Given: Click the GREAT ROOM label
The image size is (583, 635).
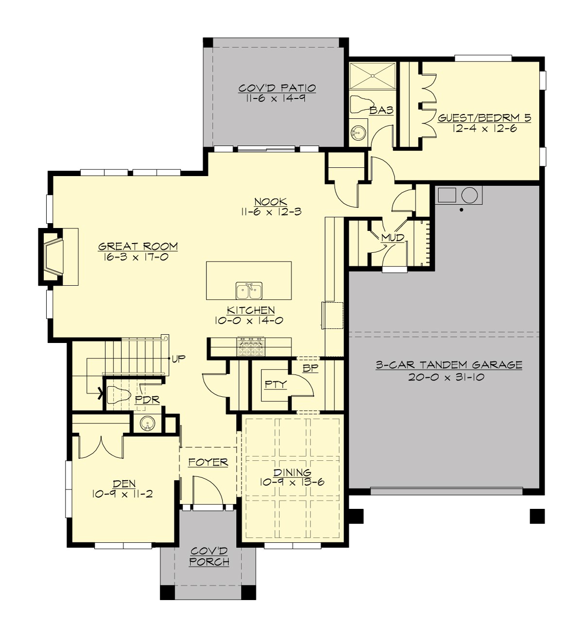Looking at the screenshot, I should (x=138, y=246).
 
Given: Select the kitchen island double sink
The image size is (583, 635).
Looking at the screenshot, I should (x=249, y=291).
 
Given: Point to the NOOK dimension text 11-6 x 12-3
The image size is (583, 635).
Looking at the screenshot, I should (x=271, y=212).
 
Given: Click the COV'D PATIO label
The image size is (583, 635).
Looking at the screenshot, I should (x=277, y=88).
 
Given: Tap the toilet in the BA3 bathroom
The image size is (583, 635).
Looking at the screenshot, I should (x=359, y=104).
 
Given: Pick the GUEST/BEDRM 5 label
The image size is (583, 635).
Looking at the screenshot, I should (x=484, y=118).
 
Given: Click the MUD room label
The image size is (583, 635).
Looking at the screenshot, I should (x=392, y=238).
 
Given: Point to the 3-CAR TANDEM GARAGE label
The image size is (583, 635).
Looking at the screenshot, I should (x=449, y=365).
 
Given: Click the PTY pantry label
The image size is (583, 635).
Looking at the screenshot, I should (x=275, y=385).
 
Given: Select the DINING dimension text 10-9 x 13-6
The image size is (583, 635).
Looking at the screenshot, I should (x=291, y=482).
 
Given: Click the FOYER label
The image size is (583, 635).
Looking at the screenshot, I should (x=208, y=462).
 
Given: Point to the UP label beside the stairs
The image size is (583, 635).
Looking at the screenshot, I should (x=178, y=359).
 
